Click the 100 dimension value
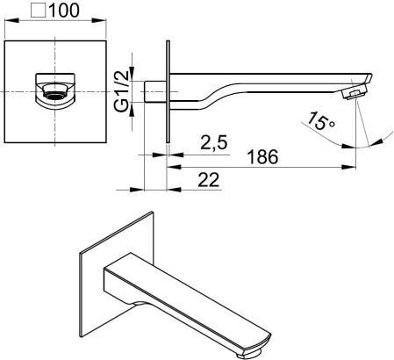[x=64, y=11]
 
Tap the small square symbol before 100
[x=39, y=11]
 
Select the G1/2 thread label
[x=121, y=91]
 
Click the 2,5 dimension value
[x=214, y=142]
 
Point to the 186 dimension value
[x=262, y=157]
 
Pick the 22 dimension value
[x=209, y=180]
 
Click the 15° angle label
[x=320, y=121]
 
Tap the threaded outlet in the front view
[x=55, y=92]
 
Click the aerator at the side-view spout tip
[x=355, y=92]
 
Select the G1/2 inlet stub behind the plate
[x=155, y=91]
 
